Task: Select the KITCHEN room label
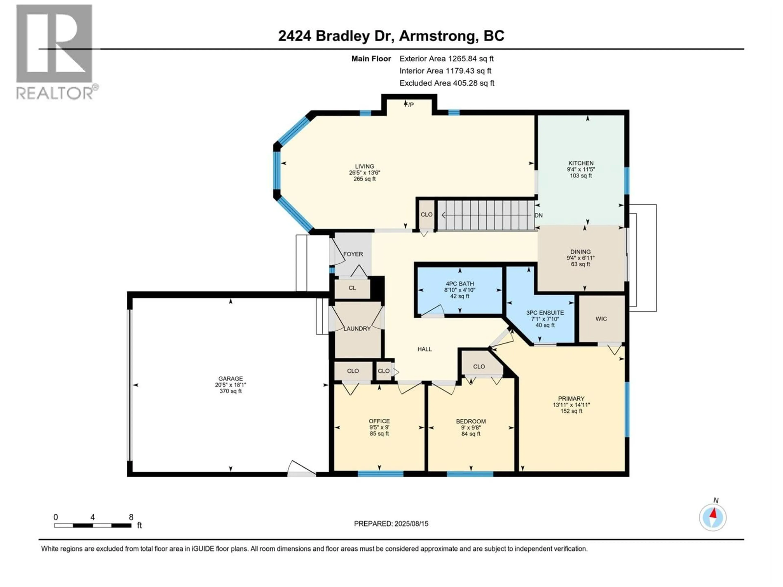[581, 163]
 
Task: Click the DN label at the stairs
[538, 215]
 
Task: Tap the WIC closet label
[601, 319]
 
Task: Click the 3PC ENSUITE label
[545, 313]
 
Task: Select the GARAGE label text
[230, 379]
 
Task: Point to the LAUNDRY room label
[357, 328]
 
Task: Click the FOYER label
[353, 254]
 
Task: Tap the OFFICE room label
[379, 421]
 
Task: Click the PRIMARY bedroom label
[571, 398]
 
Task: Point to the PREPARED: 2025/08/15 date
[391, 524]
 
